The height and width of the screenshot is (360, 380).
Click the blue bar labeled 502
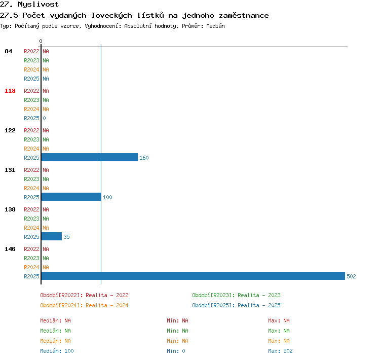click(193, 276)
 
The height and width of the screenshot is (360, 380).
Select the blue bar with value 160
click(89, 157)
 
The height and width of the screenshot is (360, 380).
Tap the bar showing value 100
click(71, 197)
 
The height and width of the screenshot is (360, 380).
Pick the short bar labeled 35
click(52, 236)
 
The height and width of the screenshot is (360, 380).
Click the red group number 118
click(10, 91)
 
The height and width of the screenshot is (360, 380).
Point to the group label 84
click(8, 51)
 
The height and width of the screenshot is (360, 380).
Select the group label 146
click(10, 249)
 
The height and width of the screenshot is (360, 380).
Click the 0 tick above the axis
click(41, 41)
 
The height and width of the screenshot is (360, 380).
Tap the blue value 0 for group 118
click(45, 118)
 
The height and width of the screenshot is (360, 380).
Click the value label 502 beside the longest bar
click(351, 276)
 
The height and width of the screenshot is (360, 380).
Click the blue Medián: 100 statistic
click(57, 351)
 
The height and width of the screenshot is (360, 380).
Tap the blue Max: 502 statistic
click(280, 351)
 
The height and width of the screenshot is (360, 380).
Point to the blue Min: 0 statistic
click(176, 351)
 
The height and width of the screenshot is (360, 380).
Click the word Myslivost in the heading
click(39, 5)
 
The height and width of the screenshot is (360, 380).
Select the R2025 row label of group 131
click(31, 197)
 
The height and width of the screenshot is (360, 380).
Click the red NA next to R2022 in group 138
click(46, 209)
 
